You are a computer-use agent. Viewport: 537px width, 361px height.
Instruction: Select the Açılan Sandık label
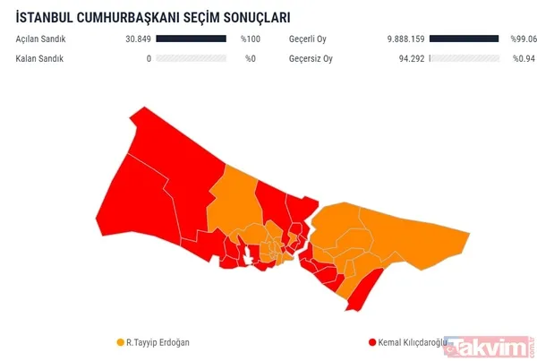[x=41, y=39]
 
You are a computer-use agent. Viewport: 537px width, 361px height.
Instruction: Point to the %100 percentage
[x=250, y=39]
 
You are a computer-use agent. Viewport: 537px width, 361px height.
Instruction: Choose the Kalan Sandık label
[x=39, y=59]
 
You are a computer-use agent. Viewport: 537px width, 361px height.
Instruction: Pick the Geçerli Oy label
[x=311, y=39]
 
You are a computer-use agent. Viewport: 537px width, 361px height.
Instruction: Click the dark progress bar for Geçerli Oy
[x=464, y=39]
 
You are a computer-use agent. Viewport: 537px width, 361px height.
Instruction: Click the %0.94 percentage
[x=524, y=59]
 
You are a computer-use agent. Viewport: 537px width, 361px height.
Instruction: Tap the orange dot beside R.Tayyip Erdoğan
[x=121, y=342]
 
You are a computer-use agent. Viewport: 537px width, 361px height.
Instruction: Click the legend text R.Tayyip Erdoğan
[x=158, y=342]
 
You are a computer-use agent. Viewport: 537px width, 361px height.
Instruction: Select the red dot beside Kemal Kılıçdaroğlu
[x=371, y=342]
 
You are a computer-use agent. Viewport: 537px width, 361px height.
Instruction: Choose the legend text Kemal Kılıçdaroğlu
[x=413, y=342]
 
